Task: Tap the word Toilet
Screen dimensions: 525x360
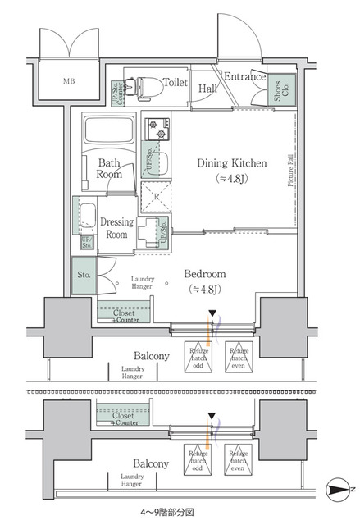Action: coord(175,83)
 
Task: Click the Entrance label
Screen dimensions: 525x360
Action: coord(245,78)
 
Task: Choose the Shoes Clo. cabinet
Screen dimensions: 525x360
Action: coord(280,92)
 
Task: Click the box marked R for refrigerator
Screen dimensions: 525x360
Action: coord(156,196)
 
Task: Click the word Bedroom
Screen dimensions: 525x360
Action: coord(201,273)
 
